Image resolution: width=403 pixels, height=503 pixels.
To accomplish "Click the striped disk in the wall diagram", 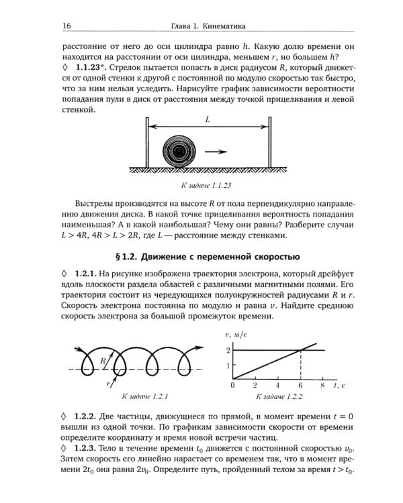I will (179, 152).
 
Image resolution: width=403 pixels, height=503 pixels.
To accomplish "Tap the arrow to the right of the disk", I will (216, 152).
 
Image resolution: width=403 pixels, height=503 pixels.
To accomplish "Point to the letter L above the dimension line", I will (208, 119).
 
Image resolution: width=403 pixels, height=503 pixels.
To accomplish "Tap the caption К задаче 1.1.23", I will (208, 183).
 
